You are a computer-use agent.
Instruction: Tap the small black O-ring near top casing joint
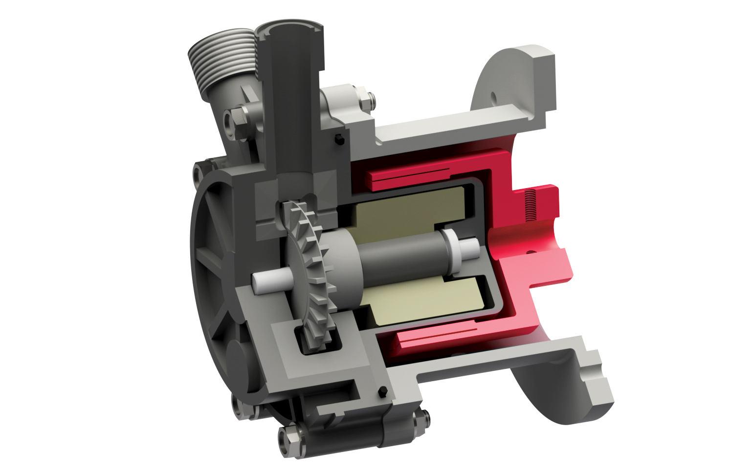[x=338, y=140]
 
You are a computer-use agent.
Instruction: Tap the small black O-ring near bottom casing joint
[x=383, y=391]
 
